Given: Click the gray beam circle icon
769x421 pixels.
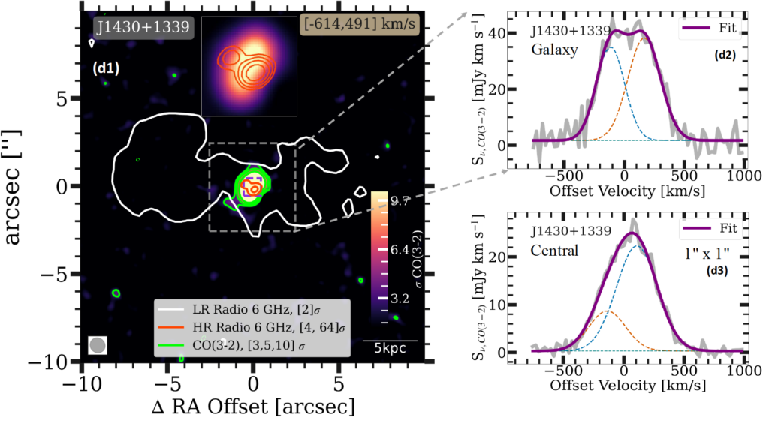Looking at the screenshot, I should (x=97, y=345).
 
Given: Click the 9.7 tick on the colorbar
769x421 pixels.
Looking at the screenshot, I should (x=399, y=203).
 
